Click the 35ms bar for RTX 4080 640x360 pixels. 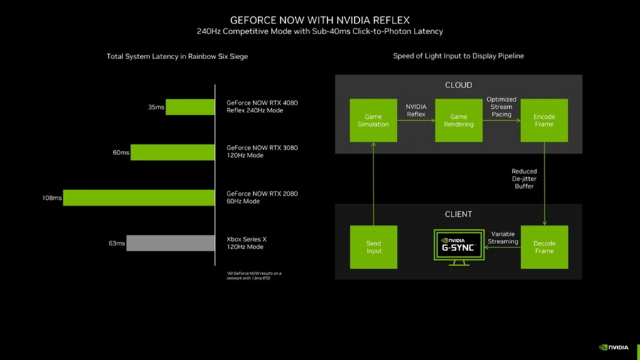190,107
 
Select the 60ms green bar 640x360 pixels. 172,152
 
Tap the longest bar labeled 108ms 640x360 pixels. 139,198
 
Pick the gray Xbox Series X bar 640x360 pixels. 171,243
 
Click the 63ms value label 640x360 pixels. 117,243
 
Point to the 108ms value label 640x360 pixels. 52,198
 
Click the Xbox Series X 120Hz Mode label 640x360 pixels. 245,243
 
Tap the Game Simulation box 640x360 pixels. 373,120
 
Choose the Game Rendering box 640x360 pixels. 459,120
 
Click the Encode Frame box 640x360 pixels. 544,120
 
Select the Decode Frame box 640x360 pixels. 544,247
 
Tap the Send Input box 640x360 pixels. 373,247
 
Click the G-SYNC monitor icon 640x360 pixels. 459,247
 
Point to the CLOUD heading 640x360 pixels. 458,85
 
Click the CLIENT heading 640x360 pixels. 458,214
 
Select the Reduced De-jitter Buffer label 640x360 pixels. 524,179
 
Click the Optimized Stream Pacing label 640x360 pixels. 501,107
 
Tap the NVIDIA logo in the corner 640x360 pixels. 614,347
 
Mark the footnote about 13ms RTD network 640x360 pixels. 254,275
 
